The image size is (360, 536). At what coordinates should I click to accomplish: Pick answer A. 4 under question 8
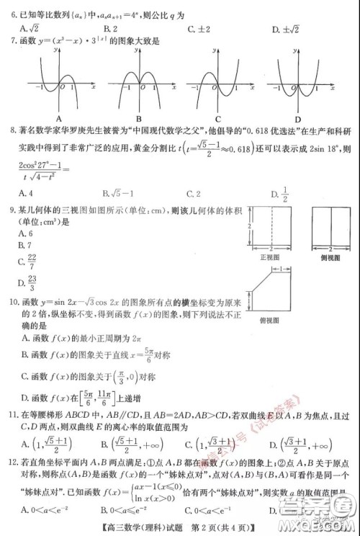coord(27,192)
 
